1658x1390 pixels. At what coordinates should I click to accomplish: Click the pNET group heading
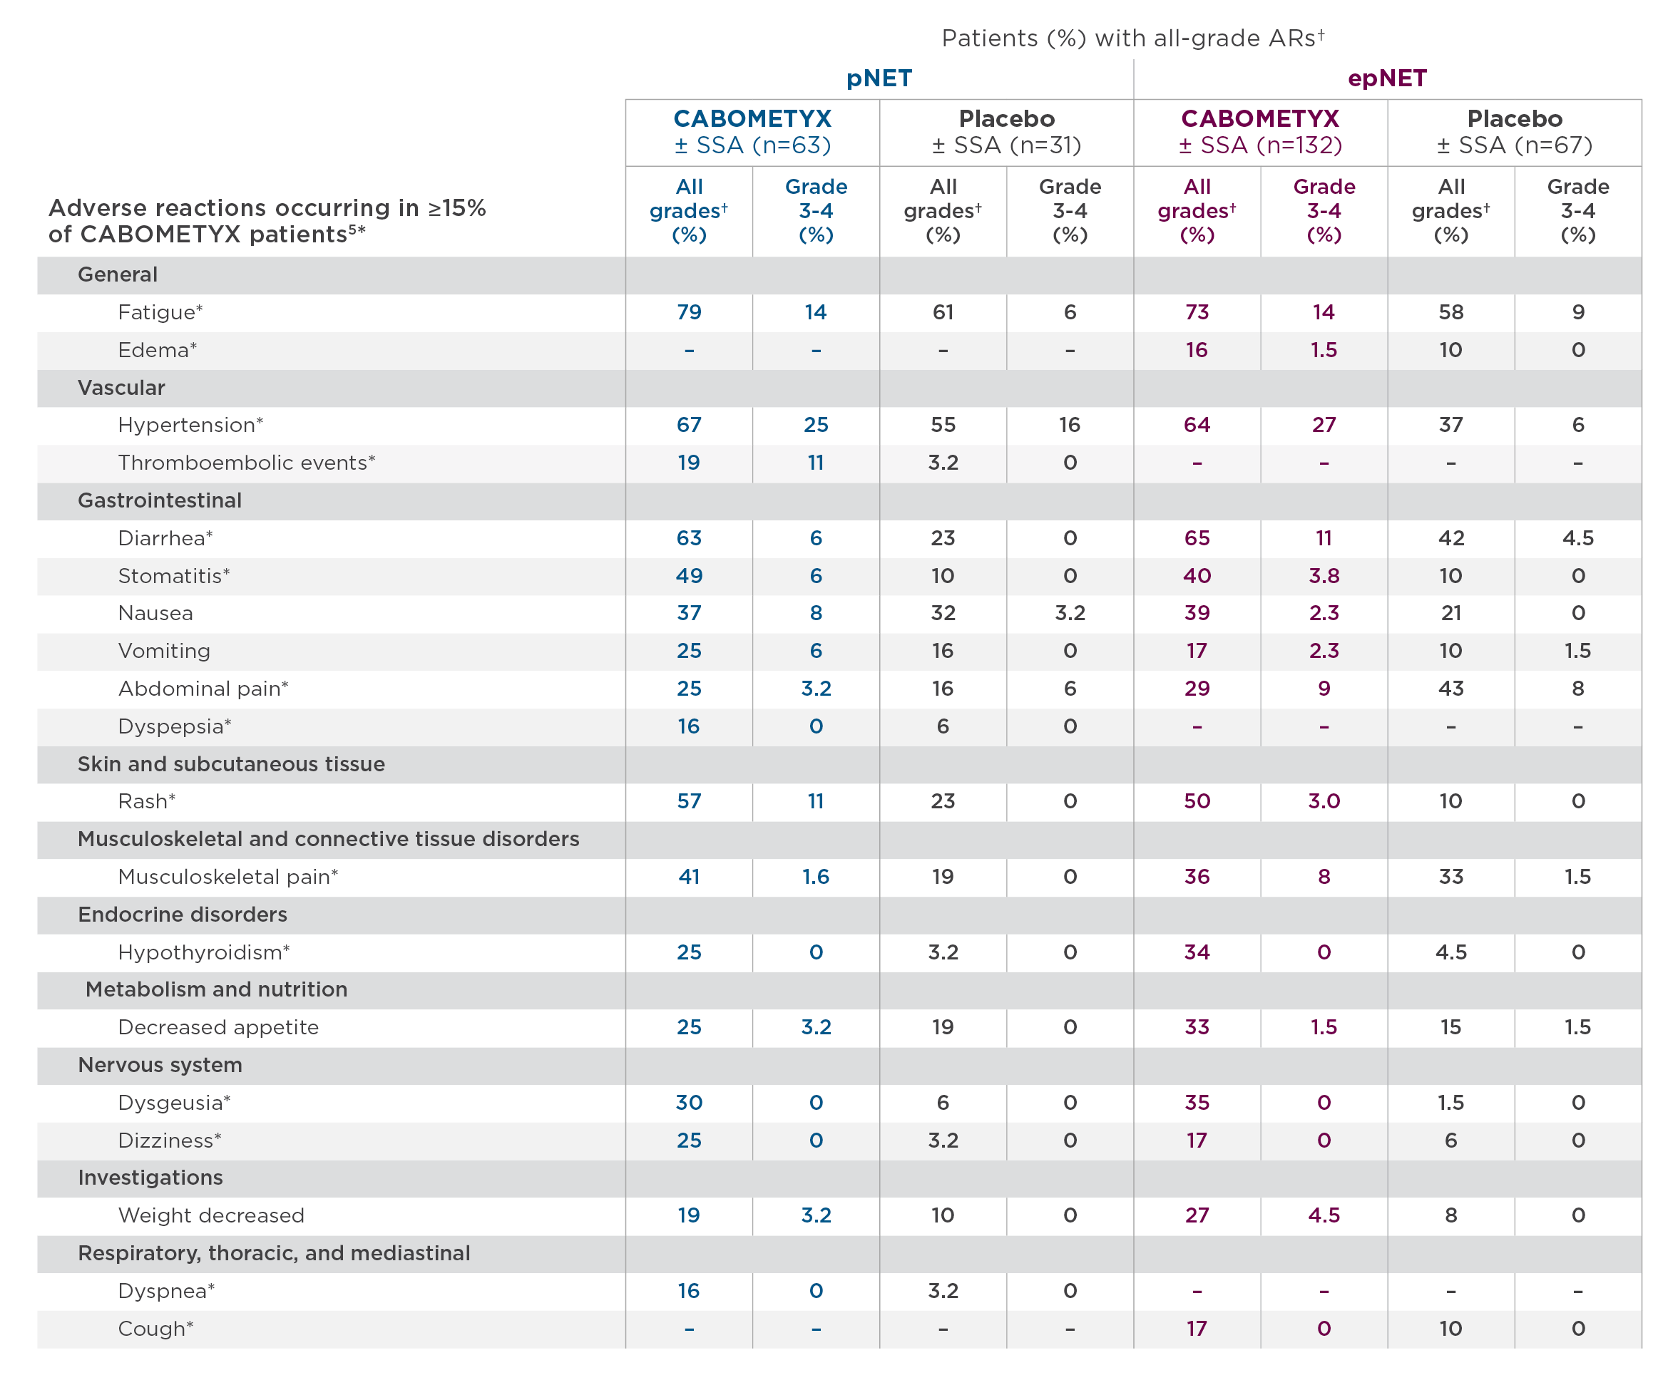coord(879,79)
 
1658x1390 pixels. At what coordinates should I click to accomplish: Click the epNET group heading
coord(1387,79)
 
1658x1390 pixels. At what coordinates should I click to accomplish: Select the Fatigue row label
coord(160,313)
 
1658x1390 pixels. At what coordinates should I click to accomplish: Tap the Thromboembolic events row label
coord(246,463)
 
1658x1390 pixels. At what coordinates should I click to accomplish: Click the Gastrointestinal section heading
coord(160,500)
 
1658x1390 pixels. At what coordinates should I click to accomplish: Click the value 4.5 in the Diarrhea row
coord(1577,538)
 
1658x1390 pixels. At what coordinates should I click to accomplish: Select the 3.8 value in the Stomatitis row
coord(1324,576)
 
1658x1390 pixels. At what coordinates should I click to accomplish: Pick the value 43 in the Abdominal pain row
coord(1451,689)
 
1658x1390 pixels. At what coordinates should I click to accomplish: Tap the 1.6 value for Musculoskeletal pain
coord(816,877)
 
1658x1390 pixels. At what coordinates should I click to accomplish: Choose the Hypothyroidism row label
coord(204,953)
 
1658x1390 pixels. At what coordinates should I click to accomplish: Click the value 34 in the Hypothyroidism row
coord(1197,953)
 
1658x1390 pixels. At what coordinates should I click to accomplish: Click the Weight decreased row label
coord(211,1215)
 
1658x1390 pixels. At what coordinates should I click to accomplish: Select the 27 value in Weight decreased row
coord(1197,1215)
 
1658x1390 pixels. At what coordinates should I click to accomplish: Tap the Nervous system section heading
coord(160,1066)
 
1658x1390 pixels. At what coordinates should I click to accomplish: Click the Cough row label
coord(155,1329)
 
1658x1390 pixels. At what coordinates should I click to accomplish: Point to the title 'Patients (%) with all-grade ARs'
coord(1133,38)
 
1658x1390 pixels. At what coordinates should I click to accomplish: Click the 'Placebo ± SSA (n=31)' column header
coord(1007,132)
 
